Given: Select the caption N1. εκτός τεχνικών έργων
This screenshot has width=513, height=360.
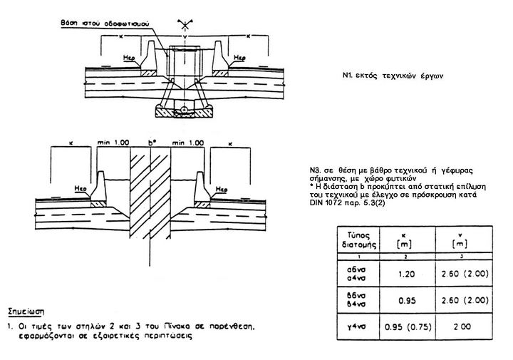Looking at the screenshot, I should coord(388,75).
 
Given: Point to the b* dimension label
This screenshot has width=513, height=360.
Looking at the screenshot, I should coord(151,143).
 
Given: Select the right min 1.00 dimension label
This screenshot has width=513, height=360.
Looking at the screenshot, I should coord(188,143).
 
